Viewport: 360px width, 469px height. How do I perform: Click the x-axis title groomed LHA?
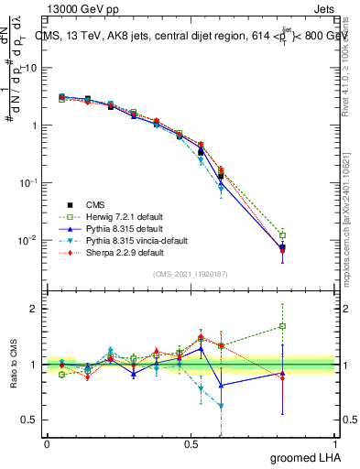tap(306, 457)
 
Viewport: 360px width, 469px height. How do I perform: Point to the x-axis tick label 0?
tap(47, 442)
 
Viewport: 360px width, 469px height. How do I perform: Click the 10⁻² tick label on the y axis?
tap(30, 240)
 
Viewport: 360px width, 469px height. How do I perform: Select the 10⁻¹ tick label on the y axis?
tap(30, 182)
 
